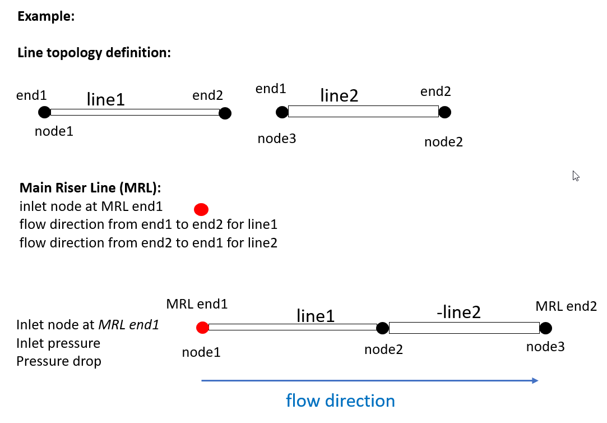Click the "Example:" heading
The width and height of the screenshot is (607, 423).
click(x=46, y=16)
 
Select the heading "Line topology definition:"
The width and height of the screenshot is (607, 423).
click(x=94, y=53)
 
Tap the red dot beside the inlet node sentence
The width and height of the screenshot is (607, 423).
click(x=201, y=210)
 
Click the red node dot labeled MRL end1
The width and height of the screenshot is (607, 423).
click(x=202, y=328)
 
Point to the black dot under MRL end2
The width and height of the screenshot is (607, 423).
click(x=545, y=328)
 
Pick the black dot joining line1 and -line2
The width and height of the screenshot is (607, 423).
click(x=382, y=328)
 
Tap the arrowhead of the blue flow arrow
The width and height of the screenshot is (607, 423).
click(x=535, y=381)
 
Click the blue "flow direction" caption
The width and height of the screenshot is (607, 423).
click(x=340, y=401)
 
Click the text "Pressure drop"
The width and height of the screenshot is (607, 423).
click(x=59, y=361)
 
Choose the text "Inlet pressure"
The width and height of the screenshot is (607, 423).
click(x=58, y=343)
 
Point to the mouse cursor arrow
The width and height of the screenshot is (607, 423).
click(x=576, y=176)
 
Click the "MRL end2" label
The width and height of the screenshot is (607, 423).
click(x=566, y=306)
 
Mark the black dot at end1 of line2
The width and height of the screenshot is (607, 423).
click(x=282, y=112)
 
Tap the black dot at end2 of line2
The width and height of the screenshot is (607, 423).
click(x=444, y=112)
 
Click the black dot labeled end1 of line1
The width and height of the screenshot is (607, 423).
click(x=44, y=112)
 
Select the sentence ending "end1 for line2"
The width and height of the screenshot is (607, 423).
click(x=148, y=243)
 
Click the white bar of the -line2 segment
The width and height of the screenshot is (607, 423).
click(x=464, y=328)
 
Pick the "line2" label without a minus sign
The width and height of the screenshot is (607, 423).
click(x=339, y=95)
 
